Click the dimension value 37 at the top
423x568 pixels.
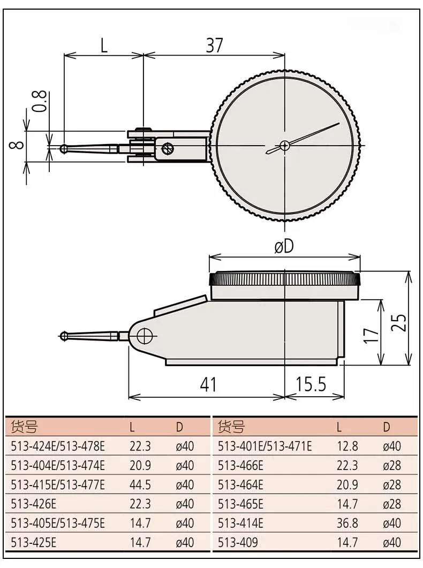(x=214, y=46)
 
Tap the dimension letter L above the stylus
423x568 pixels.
(x=103, y=46)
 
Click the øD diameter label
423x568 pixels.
(x=284, y=247)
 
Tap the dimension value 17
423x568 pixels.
(x=371, y=335)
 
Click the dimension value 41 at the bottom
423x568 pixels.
(x=208, y=384)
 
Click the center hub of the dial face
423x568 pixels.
(x=284, y=145)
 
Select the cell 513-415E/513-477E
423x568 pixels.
(x=58, y=484)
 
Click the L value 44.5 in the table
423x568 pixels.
(x=140, y=484)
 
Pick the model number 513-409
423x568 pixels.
(x=238, y=542)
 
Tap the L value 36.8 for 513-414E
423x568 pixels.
(x=347, y=523)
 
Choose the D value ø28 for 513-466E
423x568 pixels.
(x=392, y=465)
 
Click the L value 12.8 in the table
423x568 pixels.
(x=347, y=446)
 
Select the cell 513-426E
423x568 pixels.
(x=34, y=504)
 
